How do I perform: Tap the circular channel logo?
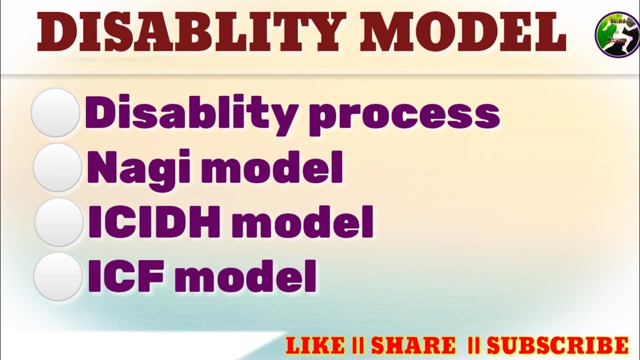[617, 35]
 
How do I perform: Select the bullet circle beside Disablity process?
[55, 112]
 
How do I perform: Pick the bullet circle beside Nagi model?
[57, 167]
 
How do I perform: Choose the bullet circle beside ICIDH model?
[58, 222]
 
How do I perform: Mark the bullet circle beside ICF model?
[58, 276]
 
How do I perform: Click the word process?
[403, 116]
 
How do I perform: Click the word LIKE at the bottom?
[315, 345]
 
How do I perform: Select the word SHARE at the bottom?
[413, 345]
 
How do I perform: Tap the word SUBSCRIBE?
[557, 345]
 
